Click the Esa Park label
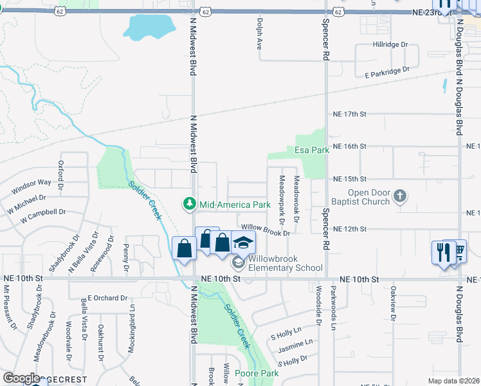pos(312,150)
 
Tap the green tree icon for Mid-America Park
pos(189,204)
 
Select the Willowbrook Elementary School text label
pos(285,263)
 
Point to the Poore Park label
pos(256,373)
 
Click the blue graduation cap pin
pos(243,243)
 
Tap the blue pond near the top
pos(150,28)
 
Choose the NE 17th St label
pos(349,114)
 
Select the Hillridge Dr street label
pos(390,45)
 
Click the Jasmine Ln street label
pos(295,345)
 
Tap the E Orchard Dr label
pos(104,298)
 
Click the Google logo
pos(21,378)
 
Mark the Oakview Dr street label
pos(392,302)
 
